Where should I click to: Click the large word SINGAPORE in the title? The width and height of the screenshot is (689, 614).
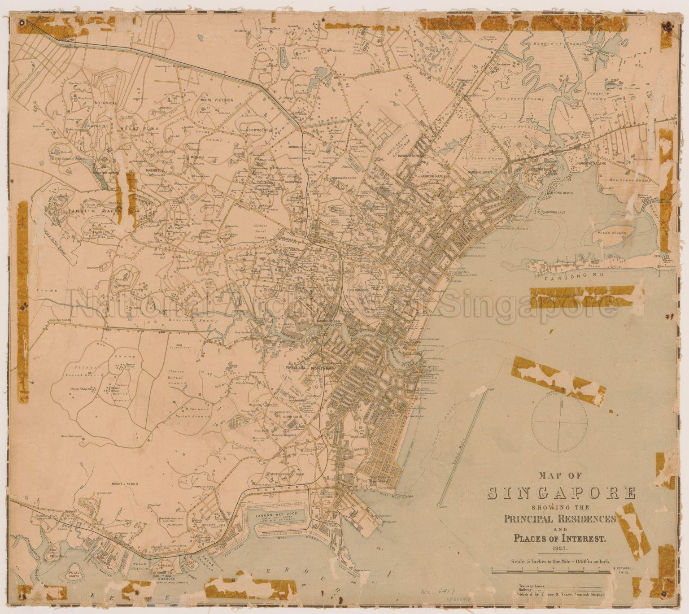(x=561, y=493)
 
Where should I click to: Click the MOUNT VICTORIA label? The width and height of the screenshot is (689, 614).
(x=217, y=100)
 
